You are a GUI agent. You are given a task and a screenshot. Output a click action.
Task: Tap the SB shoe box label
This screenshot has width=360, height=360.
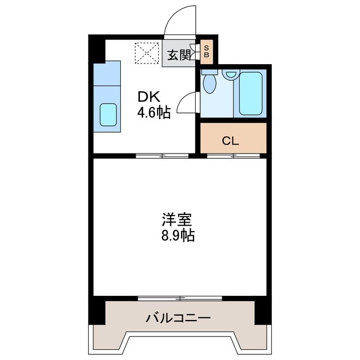point(206,52)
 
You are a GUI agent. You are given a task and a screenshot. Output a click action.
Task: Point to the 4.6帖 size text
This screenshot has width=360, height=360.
point(154,112)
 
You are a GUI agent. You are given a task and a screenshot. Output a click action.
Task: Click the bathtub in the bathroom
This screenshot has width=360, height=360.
point(251,93)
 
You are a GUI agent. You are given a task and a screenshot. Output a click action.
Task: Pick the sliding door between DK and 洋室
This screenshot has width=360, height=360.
point(162,155)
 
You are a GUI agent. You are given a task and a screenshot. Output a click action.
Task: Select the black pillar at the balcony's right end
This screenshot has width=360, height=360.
point(262,311)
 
